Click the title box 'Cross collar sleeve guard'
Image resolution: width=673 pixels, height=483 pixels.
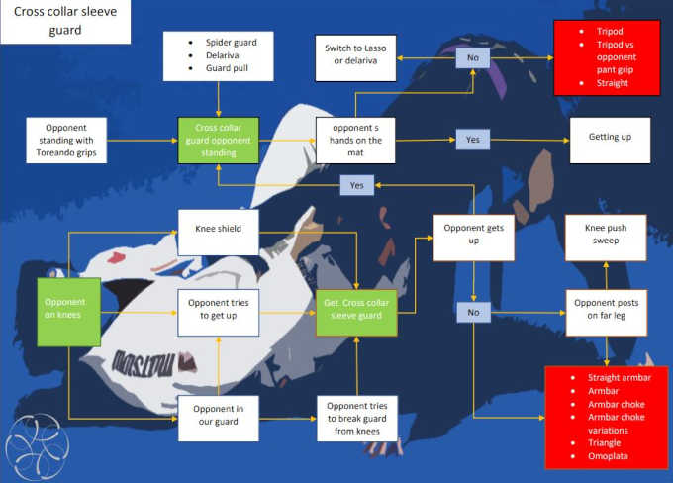65,22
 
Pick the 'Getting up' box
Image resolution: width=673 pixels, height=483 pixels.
610,137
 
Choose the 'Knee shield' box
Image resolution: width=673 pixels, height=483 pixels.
218,229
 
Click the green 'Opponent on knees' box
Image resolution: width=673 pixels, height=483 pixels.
69,312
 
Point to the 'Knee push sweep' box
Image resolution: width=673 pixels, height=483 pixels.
606,236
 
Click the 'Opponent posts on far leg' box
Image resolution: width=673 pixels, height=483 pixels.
606,310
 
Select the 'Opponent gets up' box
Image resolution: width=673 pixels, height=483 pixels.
473,236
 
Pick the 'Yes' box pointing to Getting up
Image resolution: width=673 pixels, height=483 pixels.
472,140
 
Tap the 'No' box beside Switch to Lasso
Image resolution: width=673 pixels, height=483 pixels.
472,58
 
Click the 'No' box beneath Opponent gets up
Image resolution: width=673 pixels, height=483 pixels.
472,312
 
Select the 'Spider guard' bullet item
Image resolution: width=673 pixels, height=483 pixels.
233,43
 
